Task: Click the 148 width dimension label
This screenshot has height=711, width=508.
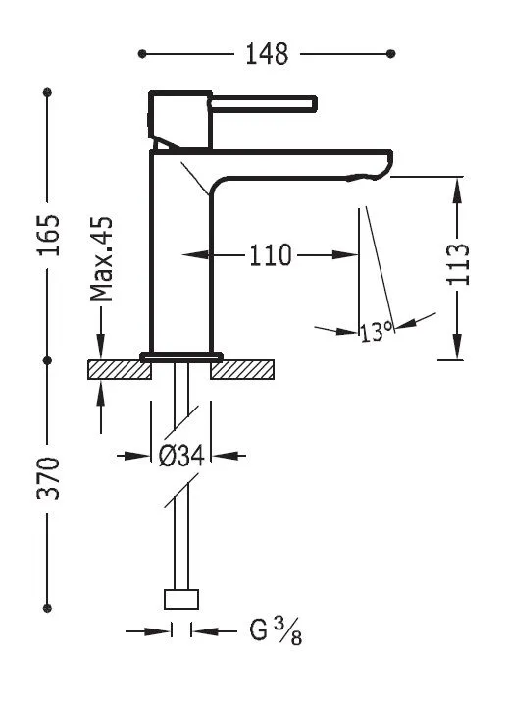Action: click(x=267, y=54)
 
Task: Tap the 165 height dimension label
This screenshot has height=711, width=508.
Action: click(x=48, y=236)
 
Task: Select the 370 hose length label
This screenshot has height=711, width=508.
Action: click(x=48, y=478)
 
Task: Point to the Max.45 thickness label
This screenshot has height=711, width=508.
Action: click(x=101, y=259)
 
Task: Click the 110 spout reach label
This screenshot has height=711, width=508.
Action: click(x=271, y=255)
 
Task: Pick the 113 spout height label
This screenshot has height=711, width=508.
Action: click(x=458, y=264)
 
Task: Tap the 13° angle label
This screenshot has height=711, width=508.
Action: click(x=377, y=332)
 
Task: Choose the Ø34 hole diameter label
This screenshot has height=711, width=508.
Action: click(x=182, y=456)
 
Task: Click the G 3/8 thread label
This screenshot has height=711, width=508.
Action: click(x=276, y=630)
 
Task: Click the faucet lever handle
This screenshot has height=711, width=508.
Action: click(x=263, y=104)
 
